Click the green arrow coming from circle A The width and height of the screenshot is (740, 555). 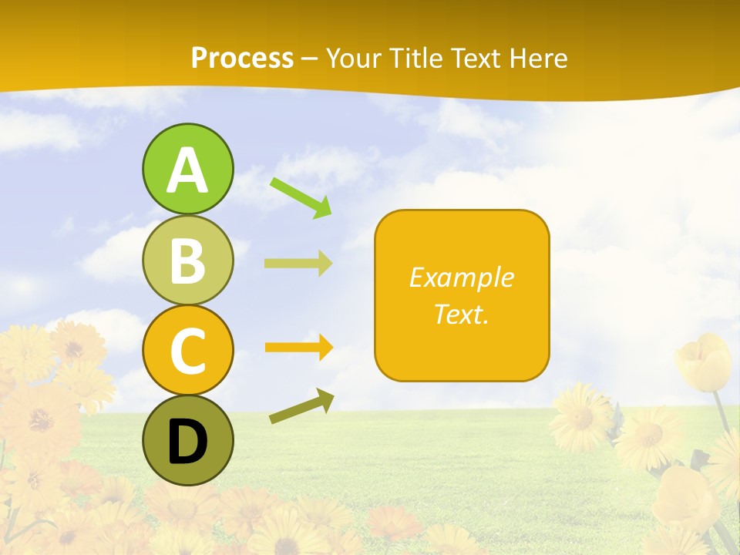coord(301,197)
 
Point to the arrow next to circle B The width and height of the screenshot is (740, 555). coord(298,264)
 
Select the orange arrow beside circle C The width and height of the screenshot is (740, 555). coord(298,348)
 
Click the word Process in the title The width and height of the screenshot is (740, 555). coord(242,58)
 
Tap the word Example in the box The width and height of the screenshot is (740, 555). coord(462,277)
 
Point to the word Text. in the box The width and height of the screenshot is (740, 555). coord(462,314)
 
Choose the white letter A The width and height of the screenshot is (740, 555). coord(187,170)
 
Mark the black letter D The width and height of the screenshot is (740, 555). coord(187,442)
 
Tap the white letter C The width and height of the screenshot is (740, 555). coord(187,351)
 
